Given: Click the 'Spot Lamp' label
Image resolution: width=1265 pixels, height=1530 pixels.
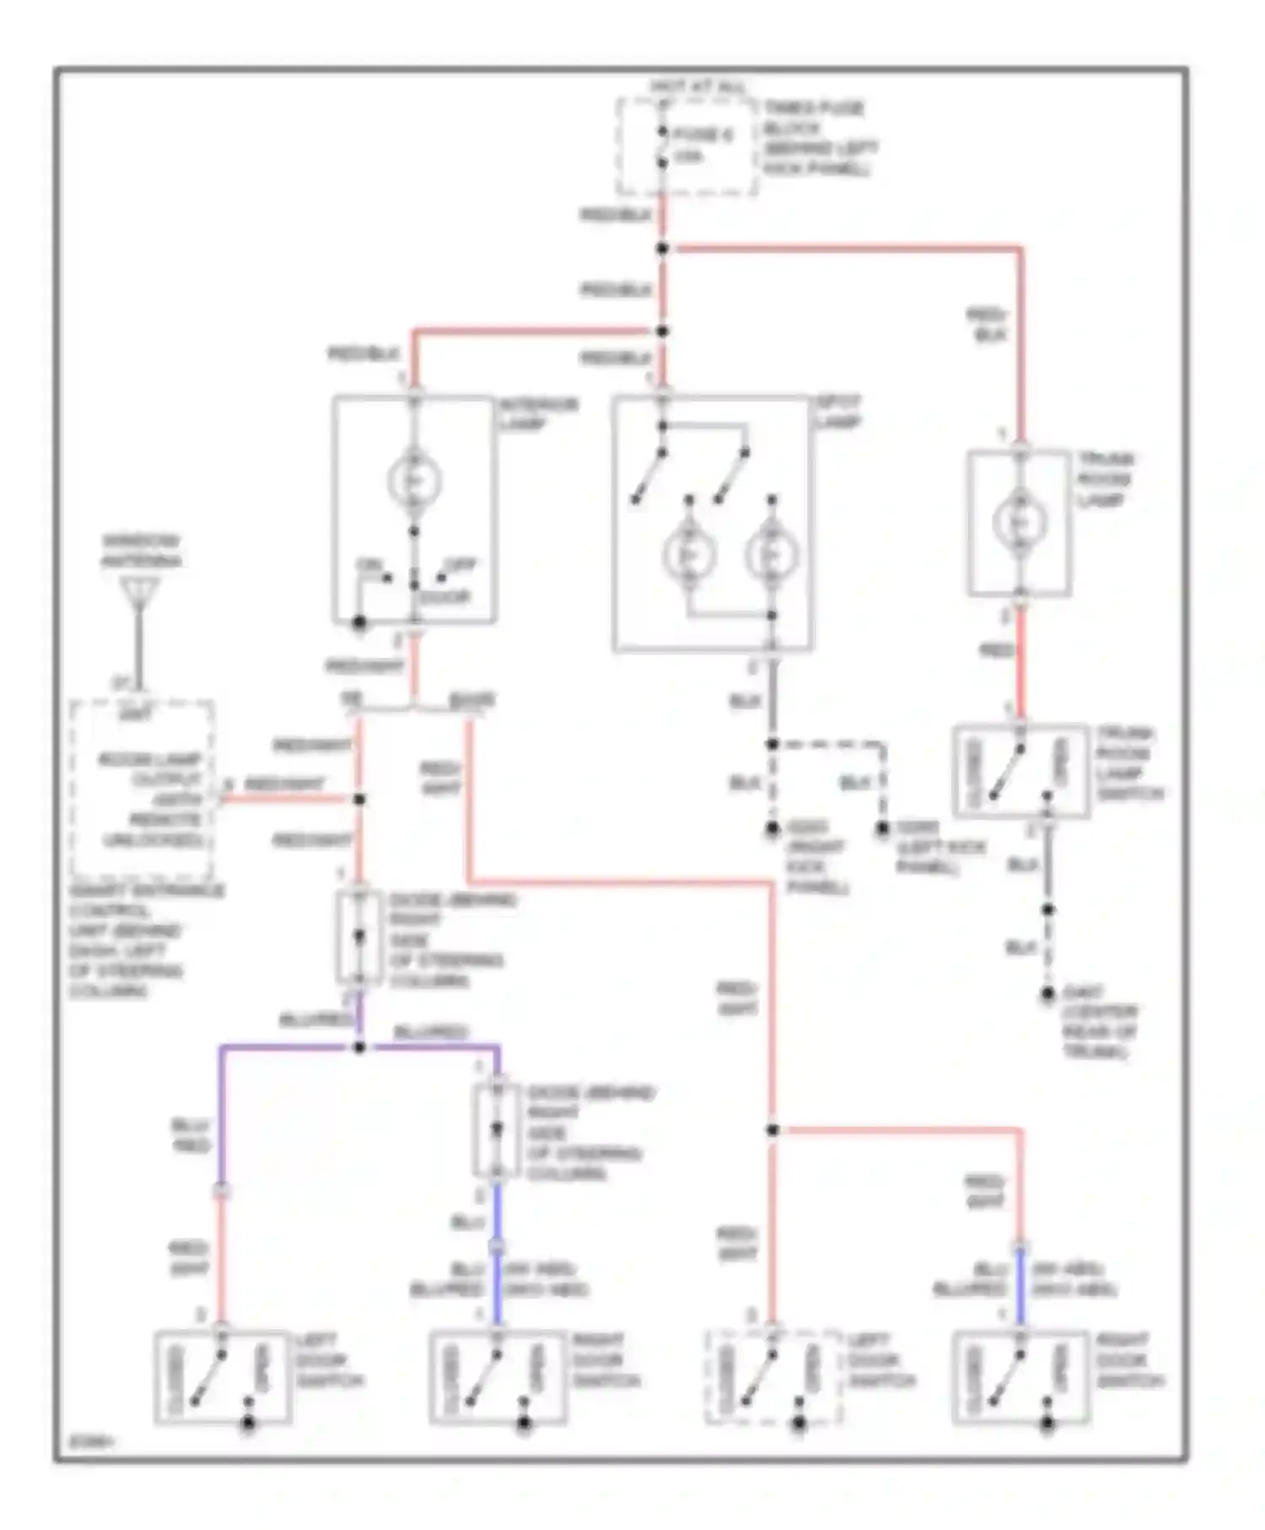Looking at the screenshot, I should coord(839,412).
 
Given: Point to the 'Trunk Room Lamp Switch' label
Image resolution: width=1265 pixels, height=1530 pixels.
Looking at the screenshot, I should coord(1129,763).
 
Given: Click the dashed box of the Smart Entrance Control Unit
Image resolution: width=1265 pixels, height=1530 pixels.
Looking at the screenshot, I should coord(142,789).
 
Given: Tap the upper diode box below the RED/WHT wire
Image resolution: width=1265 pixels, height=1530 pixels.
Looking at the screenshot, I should coord(358,937).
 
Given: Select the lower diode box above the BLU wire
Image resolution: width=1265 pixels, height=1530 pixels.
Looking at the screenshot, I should coord(496,1130).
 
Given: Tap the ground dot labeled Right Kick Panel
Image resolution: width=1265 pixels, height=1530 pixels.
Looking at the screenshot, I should coord(772,830).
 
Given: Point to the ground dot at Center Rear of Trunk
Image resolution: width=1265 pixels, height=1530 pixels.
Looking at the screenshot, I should coord(1047,995).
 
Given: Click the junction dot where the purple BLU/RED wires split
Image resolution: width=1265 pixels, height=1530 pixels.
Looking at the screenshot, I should coord(359,1048).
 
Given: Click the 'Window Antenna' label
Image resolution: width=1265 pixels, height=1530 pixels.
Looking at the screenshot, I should coord(142,551).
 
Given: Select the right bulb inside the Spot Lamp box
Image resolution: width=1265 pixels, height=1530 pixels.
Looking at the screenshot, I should coord(771,553).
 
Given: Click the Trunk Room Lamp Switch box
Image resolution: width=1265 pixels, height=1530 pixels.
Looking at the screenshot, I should coord(1020,771).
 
